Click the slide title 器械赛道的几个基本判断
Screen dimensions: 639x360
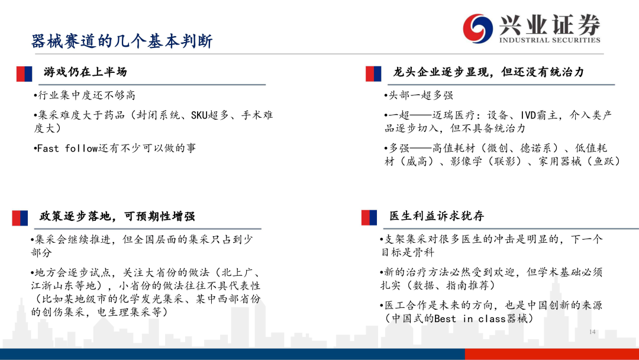122,41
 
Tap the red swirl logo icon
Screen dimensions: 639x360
477,28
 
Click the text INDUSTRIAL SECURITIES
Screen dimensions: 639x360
550,40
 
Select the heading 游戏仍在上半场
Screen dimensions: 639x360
85,72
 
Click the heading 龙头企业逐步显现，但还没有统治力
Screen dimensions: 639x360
489,72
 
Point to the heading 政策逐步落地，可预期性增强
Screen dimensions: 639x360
117,216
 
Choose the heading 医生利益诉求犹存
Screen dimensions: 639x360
437,216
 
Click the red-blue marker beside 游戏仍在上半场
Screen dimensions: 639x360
24,74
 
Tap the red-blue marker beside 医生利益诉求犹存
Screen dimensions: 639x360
369,218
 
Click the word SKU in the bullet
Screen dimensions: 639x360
199,115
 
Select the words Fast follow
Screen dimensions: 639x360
67,149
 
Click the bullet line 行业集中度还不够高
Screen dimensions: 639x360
85,95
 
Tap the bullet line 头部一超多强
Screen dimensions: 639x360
418,95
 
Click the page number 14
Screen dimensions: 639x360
592,332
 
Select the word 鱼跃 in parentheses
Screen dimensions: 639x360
604,162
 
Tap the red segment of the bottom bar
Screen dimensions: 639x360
552,354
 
